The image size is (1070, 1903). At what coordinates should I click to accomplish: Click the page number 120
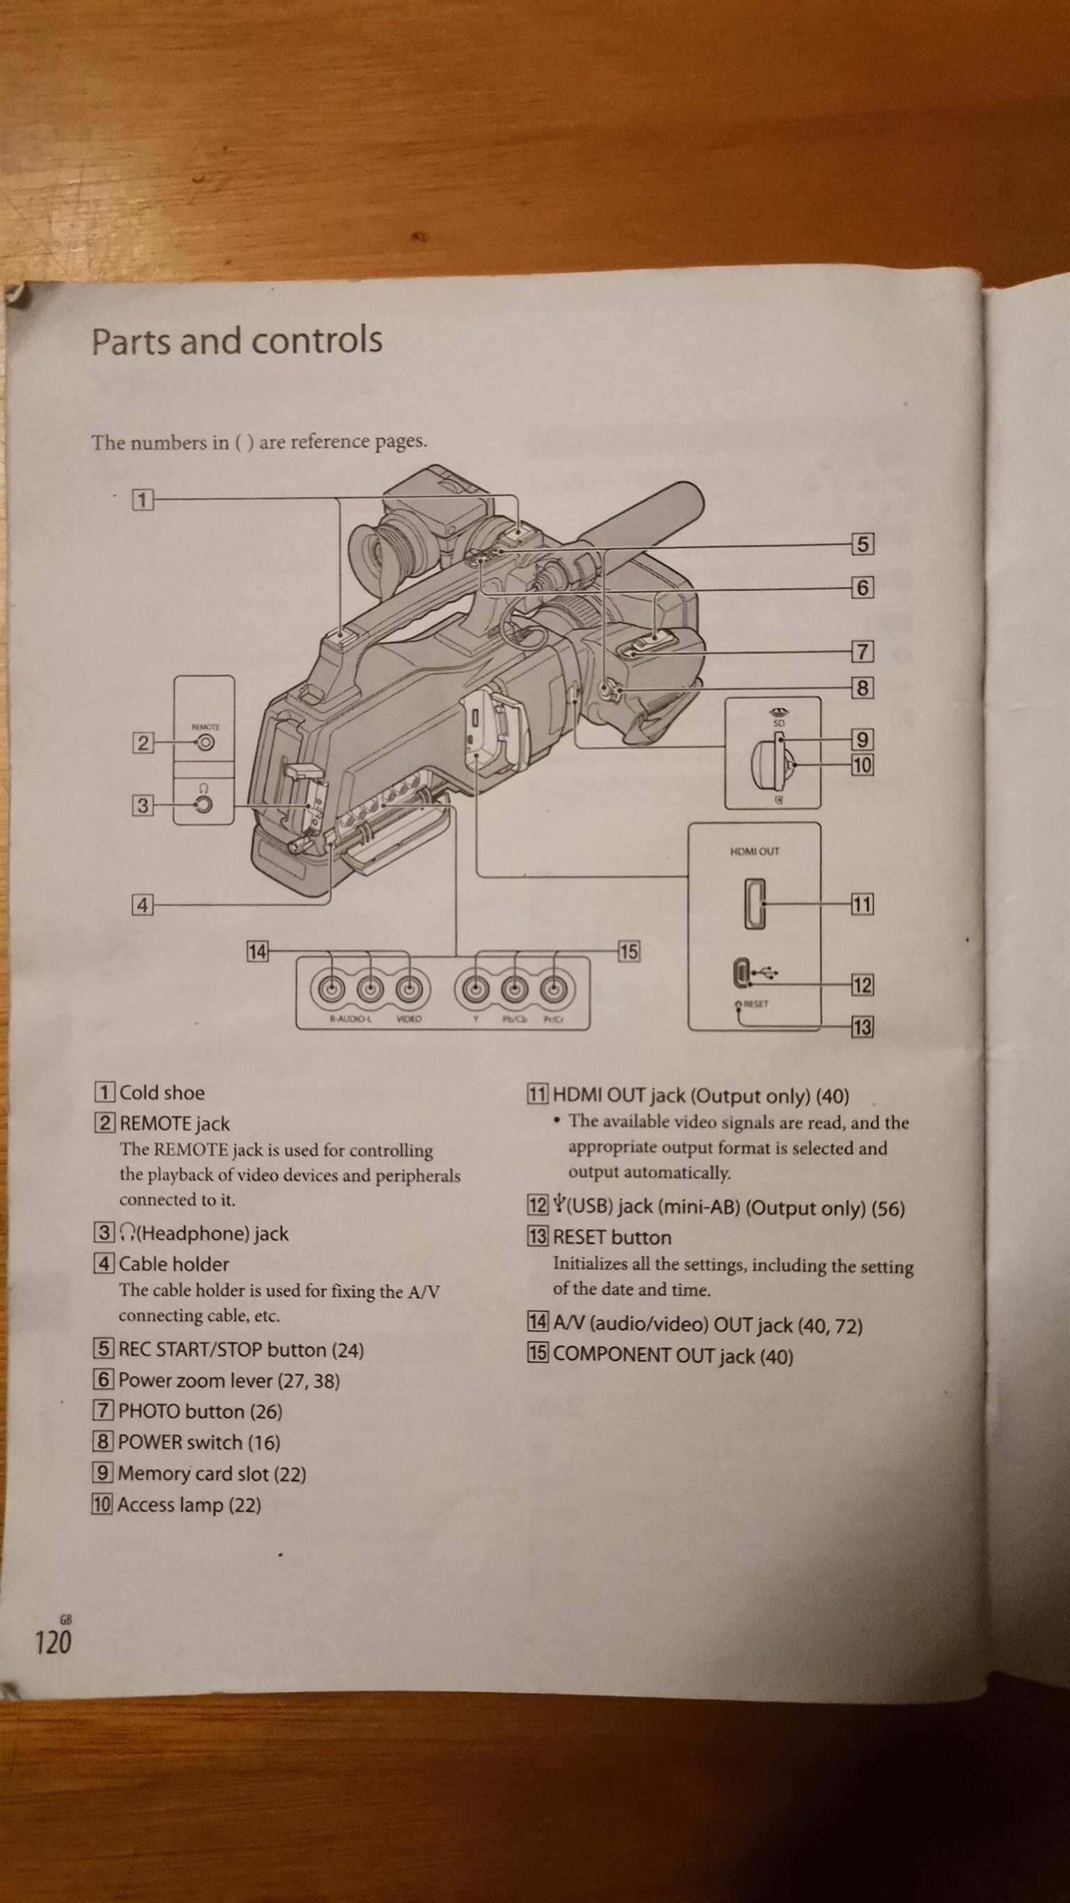[x=53, y=1642]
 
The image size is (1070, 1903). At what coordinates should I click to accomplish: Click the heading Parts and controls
[x=236, y=341]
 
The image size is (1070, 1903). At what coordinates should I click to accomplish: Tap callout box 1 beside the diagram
[x=143, y=500]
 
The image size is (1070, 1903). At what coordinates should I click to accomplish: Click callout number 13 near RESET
[x=862, y=1027]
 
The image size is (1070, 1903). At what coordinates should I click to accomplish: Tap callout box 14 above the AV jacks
[x=257, y=952]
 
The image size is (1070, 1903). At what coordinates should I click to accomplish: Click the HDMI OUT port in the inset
[x=754, y=904]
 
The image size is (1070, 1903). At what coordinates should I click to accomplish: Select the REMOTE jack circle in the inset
[x=206, y=741]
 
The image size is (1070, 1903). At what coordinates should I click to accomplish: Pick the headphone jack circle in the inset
[x=204, y=805]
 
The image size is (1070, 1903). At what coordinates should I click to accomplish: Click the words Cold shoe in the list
[x=162, y=1093]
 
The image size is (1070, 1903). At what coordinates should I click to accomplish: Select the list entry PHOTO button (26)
[x=200, y=1412]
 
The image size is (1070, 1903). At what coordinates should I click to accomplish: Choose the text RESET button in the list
[x=612, y=1238]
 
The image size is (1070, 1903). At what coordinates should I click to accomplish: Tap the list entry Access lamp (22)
[x=189, y=1505]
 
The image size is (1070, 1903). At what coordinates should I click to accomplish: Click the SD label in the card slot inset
[x=778, y=723]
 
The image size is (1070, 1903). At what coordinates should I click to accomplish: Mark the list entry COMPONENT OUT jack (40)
[x=673, y=1355]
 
